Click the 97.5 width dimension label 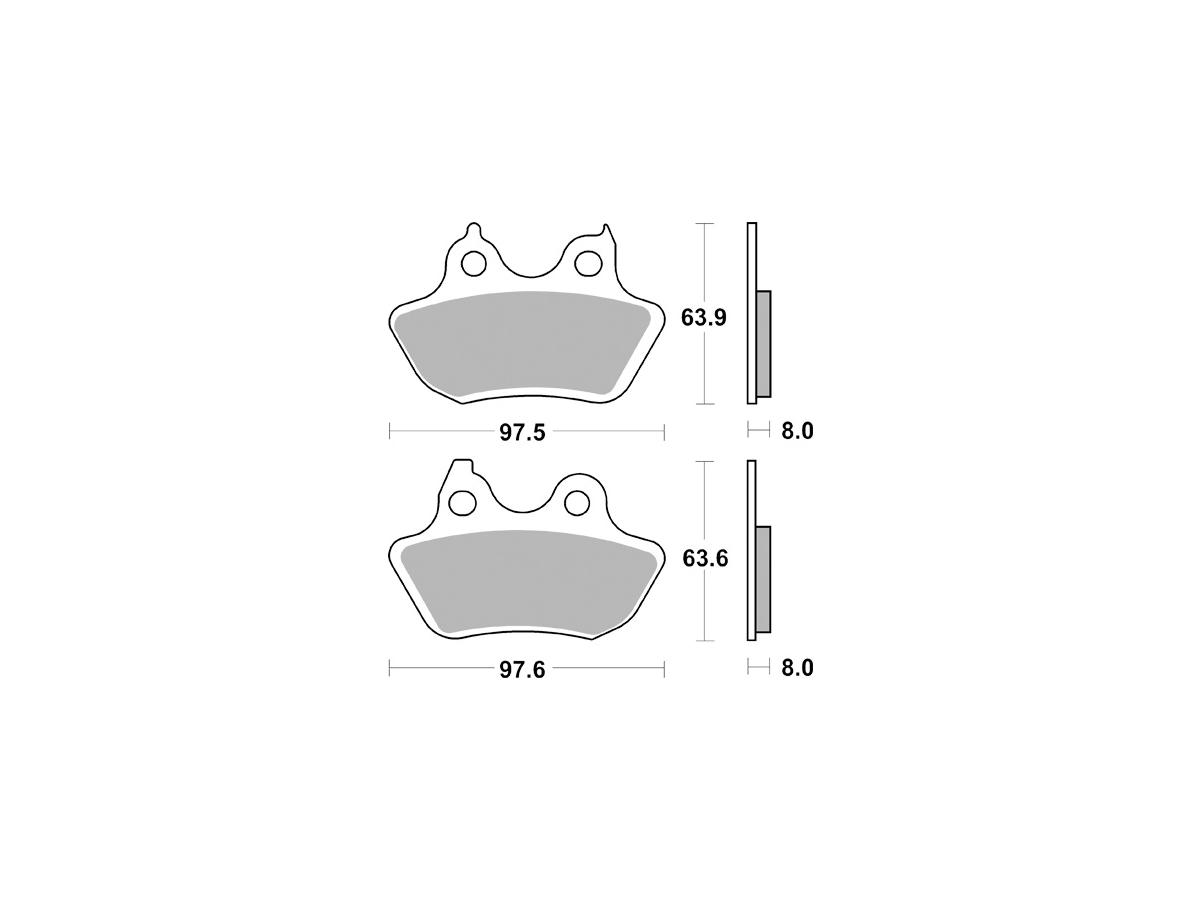click(522, 432)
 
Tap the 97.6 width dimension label click(522, 670)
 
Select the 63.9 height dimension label click(704, 317)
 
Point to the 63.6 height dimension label click(705, 558)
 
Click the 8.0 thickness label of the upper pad click(797, 431)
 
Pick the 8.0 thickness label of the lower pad click(797, 668)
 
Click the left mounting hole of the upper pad click(473, 264)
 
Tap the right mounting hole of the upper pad click(588, 263)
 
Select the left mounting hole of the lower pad click(463, 503)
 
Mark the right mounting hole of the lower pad click(577, 503)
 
